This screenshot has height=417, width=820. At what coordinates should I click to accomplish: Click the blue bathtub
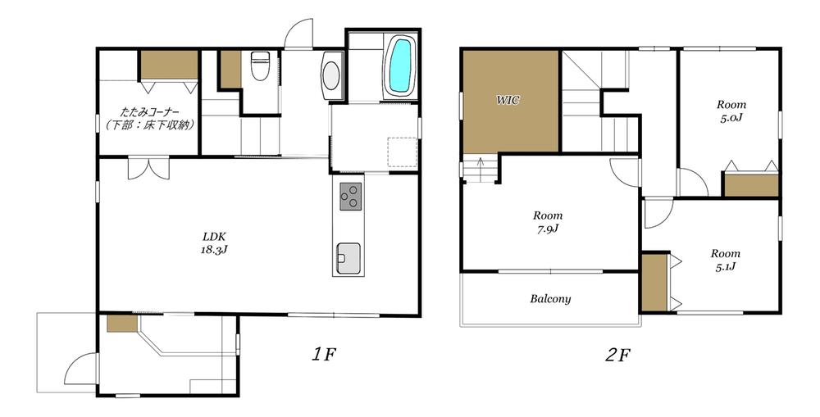point(400,66)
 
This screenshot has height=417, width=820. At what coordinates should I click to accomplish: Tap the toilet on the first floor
point(260,65)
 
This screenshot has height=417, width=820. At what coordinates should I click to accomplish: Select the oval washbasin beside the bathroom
point(331,75)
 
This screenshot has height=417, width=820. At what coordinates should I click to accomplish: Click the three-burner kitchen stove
point(350,197)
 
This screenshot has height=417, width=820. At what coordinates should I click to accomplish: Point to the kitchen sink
point(348,258)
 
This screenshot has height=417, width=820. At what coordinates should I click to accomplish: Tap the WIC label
point(508,100)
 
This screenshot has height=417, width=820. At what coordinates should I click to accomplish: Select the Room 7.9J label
point(548,221)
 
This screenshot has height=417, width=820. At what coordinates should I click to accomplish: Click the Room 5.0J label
point(731,111)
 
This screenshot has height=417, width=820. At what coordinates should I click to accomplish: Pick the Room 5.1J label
point(726,260)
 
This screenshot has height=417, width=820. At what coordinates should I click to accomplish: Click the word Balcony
point(550,299)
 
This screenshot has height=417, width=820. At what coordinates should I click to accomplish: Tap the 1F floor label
point(323,355)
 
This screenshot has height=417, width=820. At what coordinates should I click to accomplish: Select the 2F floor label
point(617,356)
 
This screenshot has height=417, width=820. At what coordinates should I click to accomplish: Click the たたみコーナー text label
point(150,111)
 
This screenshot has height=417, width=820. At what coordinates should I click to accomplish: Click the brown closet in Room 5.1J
point(654,282)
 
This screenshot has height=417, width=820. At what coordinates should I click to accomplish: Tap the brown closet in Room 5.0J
point(751,185)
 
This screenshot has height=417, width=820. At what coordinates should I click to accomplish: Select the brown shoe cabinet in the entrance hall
point(122,323)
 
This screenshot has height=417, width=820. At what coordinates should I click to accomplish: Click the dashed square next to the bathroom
point(402,152)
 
